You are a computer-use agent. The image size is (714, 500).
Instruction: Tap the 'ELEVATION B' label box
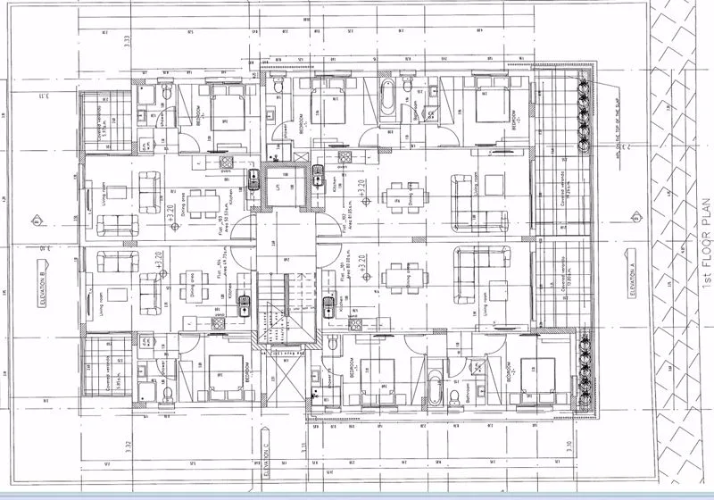pyautogui.click(x=42, y=285)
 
